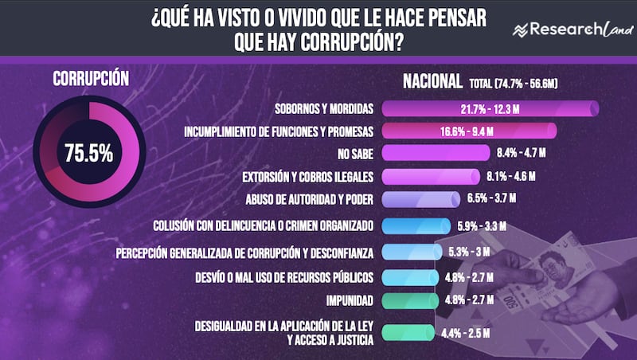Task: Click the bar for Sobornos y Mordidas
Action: coord(490,108)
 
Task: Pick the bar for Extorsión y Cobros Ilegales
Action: coord(426,175)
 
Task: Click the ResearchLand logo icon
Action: coord(522,30)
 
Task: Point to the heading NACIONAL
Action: coord(432,81)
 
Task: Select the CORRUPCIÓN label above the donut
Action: coord(91,79)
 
